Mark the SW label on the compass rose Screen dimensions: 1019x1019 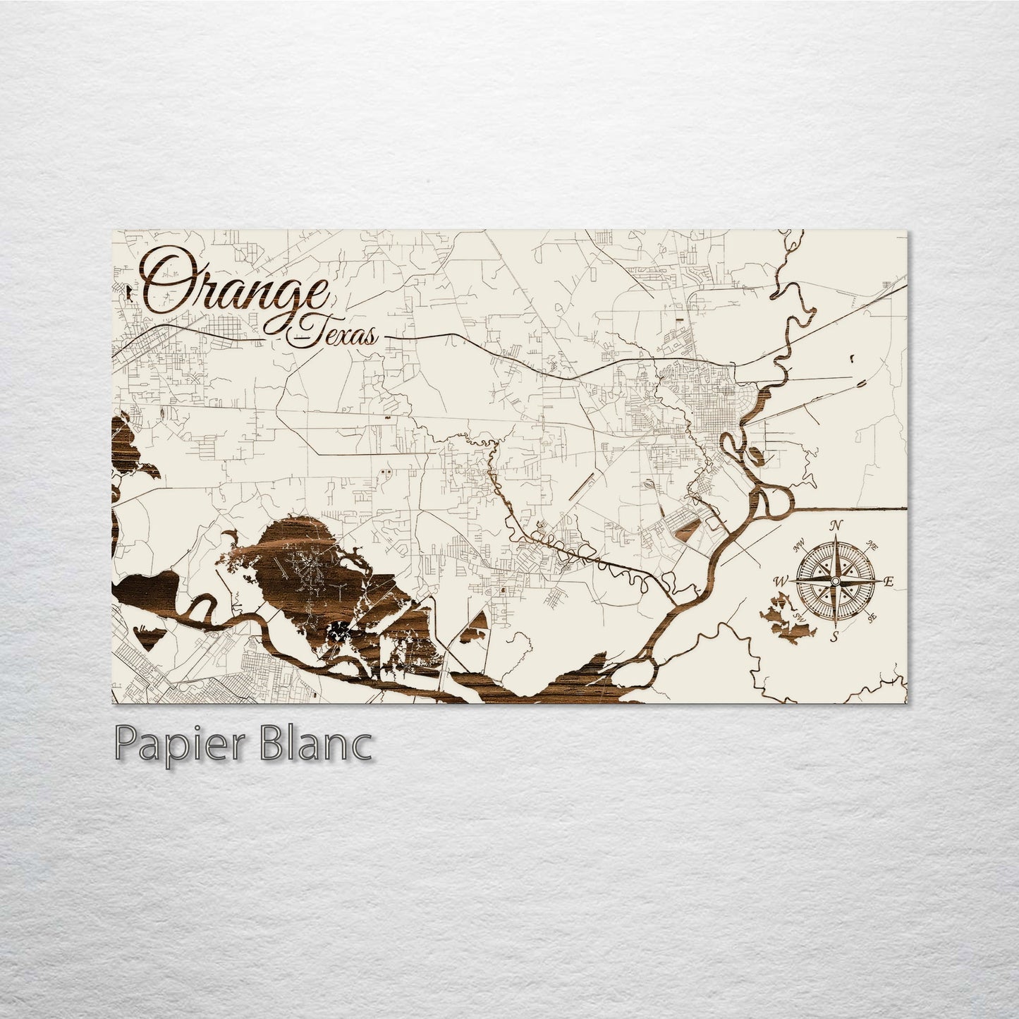click(x=799, y=617)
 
